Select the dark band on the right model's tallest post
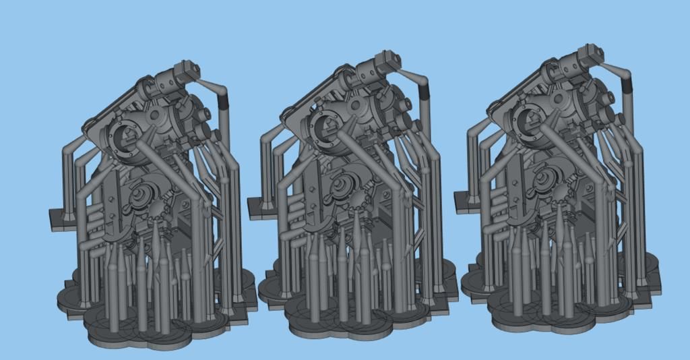pos(627,84)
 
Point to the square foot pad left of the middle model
pos(259,207)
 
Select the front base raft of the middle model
pos(357,326)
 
